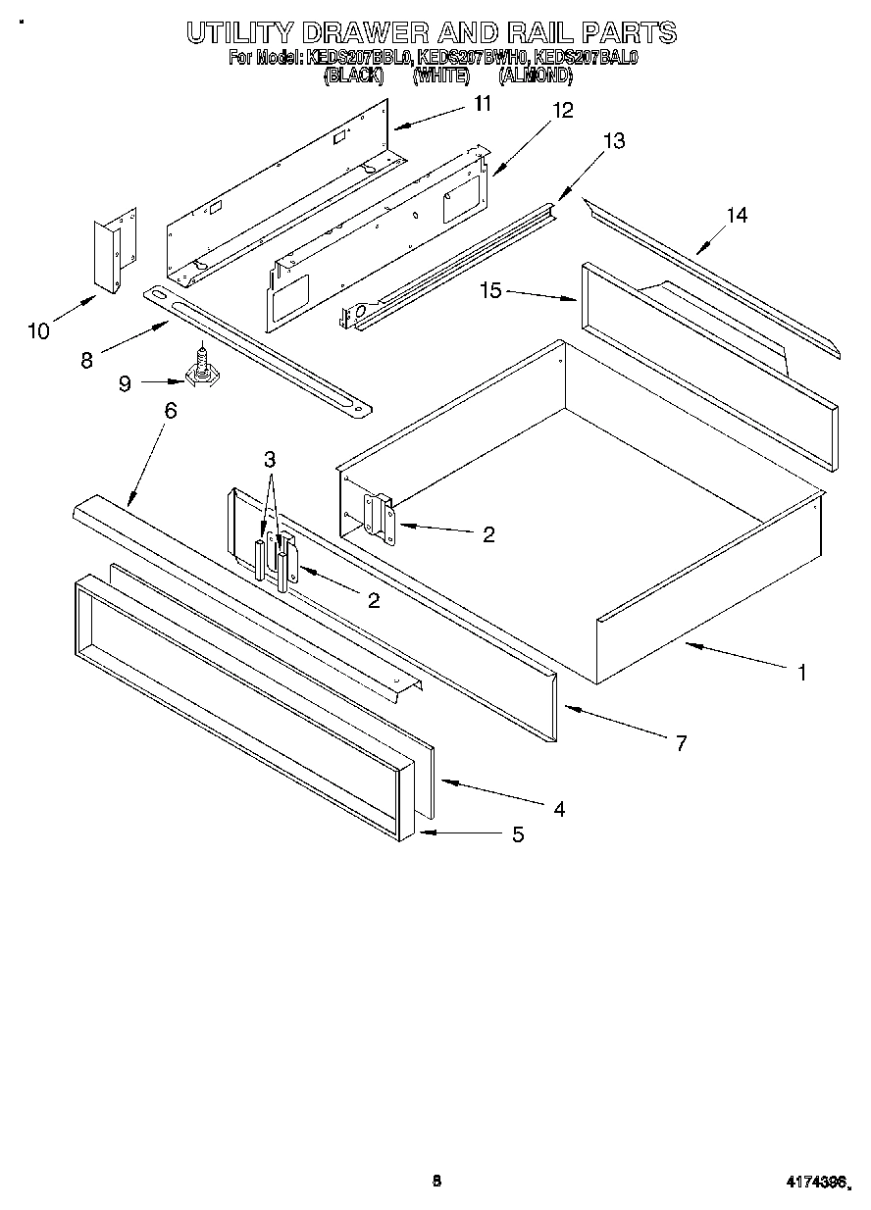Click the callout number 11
point(482,103)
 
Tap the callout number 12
point(562,111)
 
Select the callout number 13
point(613,141)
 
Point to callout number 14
point(736,215)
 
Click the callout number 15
point(491,290)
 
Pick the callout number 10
point(38,331)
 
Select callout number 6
point(171,411)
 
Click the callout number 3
point(270,458)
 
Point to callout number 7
point(681,742)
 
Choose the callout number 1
point(801,673)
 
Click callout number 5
point(517,834)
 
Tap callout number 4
point(558,809)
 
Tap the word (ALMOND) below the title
point(535,75)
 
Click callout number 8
point(86,359)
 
